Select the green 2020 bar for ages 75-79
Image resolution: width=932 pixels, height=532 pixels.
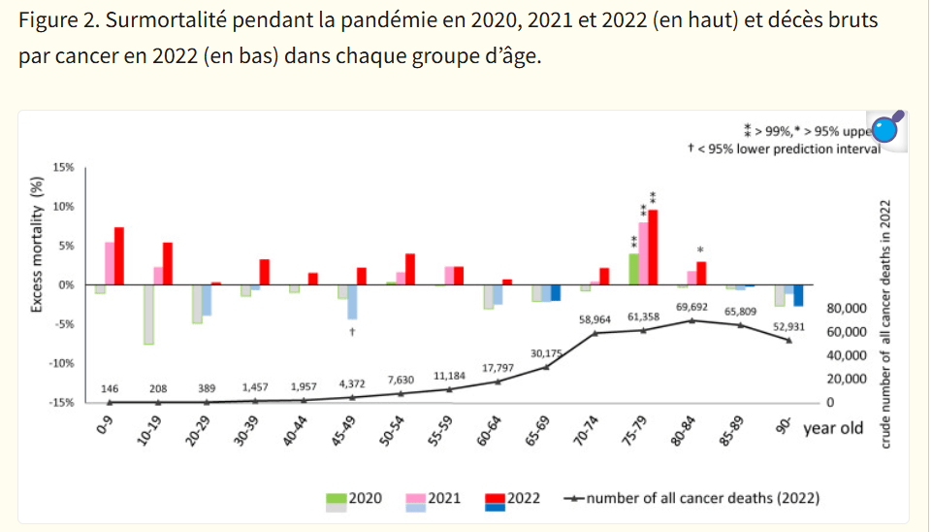coord(633,269)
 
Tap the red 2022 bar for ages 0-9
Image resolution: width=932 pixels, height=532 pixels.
coord(119,255)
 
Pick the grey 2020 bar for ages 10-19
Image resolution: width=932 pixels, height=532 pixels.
coord(148,315)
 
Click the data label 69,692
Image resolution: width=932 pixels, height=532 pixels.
coord(691,308)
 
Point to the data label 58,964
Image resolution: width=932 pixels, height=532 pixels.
coord(595,318)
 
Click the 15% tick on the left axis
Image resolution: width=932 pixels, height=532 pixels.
coord(62,168)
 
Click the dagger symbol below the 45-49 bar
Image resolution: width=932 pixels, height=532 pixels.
coord(352,332)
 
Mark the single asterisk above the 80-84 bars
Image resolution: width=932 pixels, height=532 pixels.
coord(699,249)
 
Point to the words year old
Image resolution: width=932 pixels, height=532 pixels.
coord(833,428)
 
